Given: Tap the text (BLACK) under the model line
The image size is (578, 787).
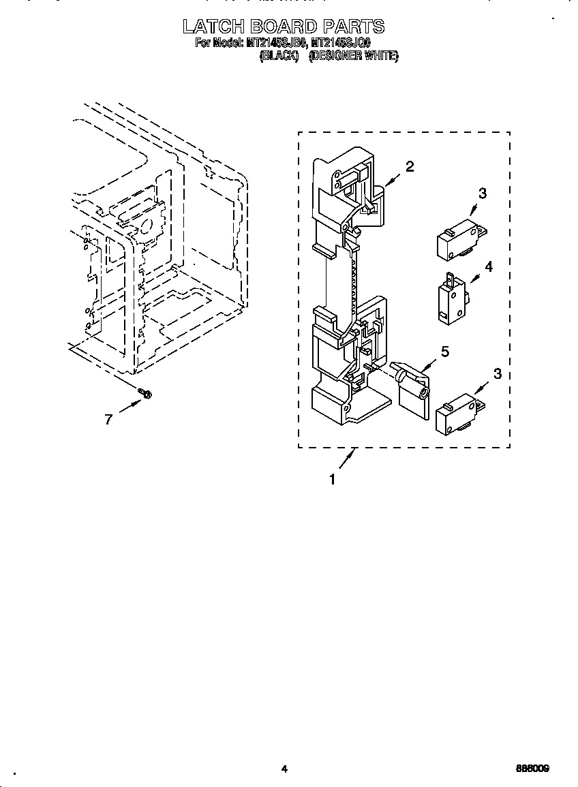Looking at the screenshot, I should (279, 57).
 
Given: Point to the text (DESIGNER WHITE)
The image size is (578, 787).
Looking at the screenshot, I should (354, 57).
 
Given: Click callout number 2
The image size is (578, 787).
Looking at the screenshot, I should (410, 166).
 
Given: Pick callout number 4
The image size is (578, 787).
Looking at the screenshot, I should (488, 266).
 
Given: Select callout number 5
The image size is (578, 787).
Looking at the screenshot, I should (445, 352).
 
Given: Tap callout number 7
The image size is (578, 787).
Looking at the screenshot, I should (108, 420).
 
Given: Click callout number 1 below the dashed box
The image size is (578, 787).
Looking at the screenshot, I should (333, 480).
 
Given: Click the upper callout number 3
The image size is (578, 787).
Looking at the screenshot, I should (483, 194).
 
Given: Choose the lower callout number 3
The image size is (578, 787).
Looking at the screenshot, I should (498, 373).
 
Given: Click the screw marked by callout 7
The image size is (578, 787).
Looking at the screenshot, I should (144, 393).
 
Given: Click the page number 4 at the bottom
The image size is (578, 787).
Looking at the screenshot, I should (284, 769).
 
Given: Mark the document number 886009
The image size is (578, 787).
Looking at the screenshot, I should (532, 769).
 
